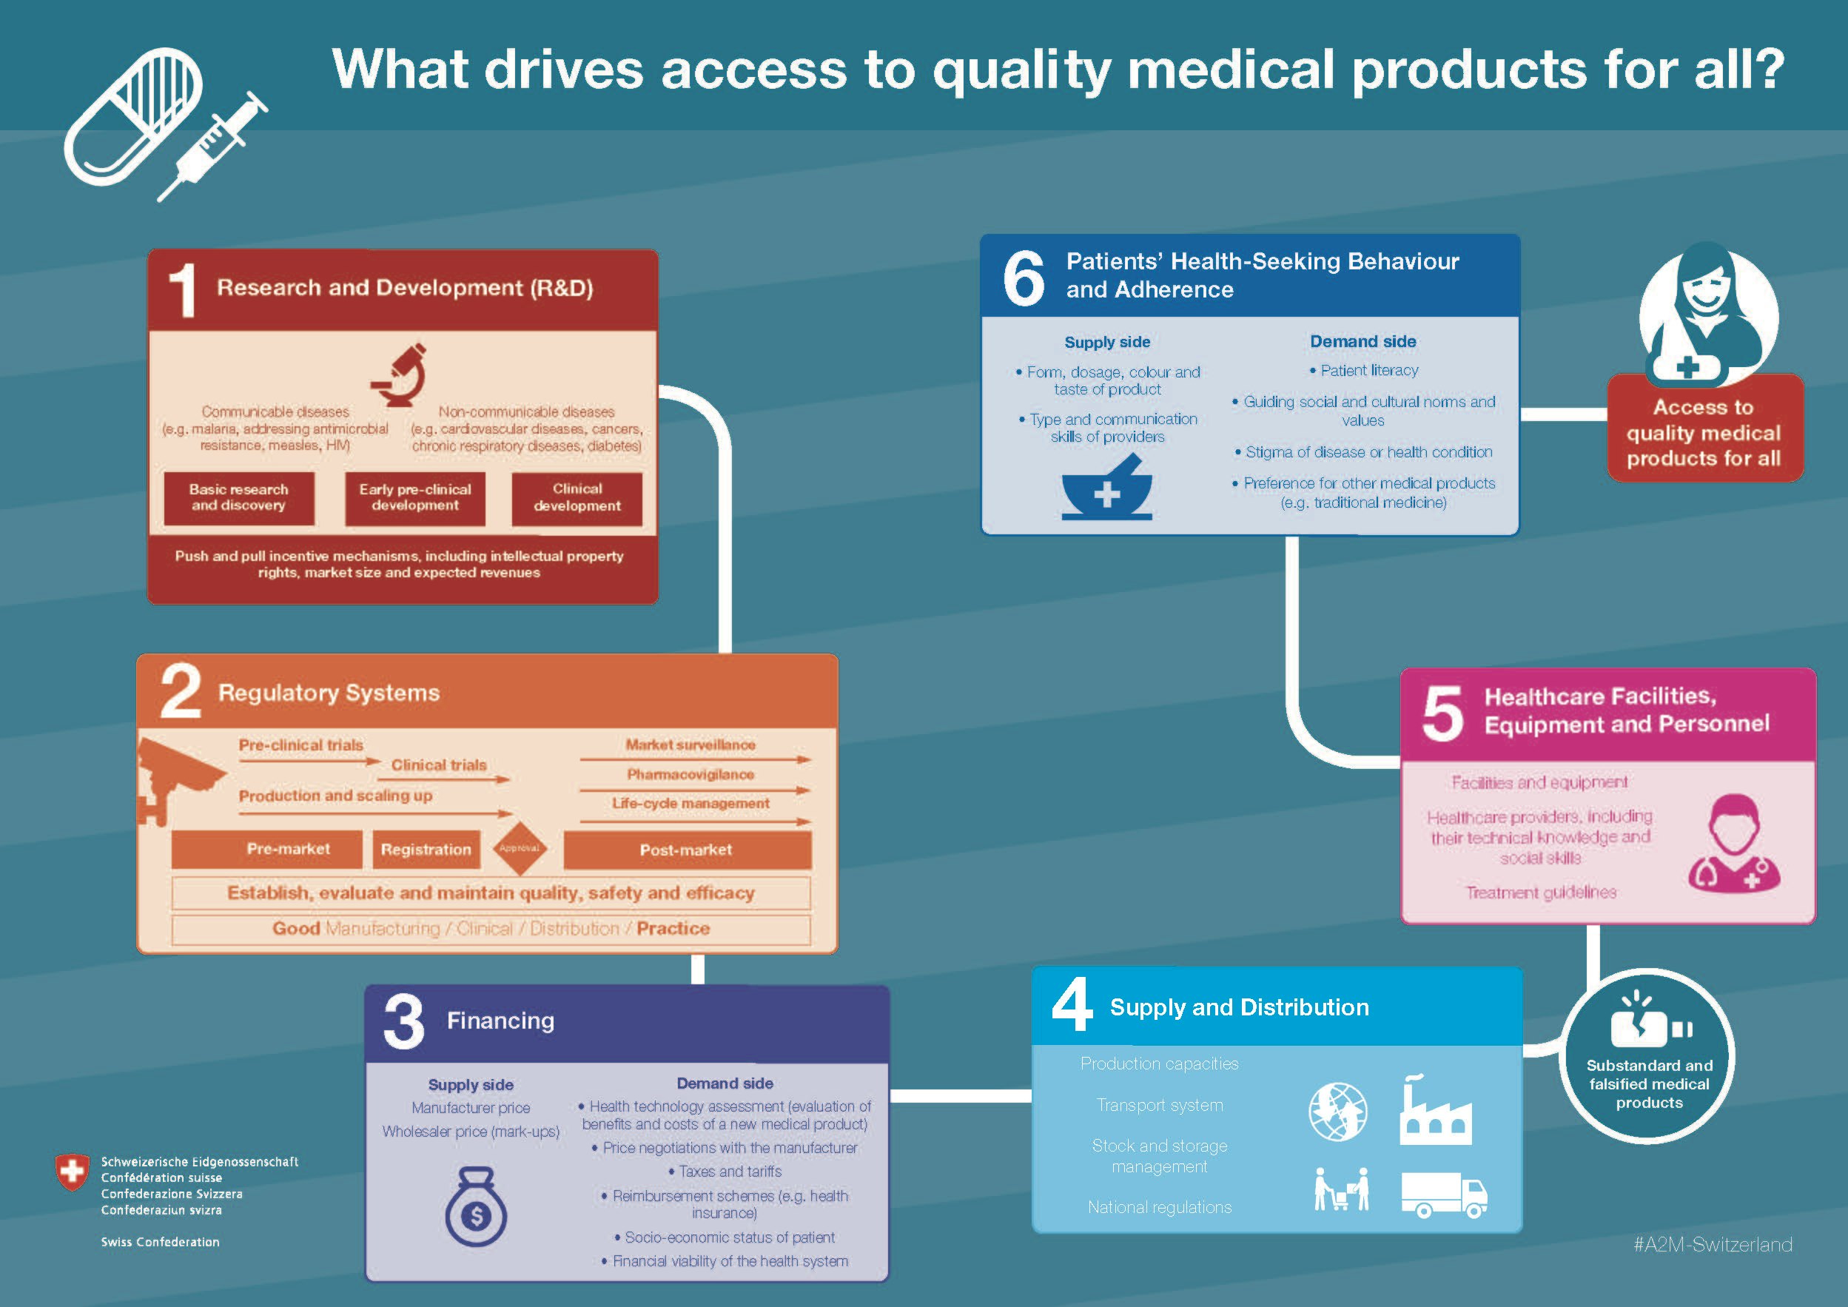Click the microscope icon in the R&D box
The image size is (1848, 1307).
coord(399,375)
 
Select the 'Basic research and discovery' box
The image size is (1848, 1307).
coord(238,498)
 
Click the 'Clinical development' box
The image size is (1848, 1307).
coord(577,498)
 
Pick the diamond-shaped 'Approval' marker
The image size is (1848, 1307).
coord(519,848)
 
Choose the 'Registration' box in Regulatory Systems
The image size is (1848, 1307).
coord(426,850)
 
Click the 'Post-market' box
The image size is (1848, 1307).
coord(687,850)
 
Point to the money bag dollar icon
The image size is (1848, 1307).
coord(476,1206)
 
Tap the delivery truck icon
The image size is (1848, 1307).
coord(1444,1195)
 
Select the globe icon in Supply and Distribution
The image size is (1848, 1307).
coord(1337,1112)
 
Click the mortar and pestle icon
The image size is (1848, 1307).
coord(1107,488)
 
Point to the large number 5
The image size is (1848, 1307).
coord(1442,713)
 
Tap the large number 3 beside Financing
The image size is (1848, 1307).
coord(404,1021)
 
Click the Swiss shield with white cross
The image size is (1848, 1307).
coord(72,1172)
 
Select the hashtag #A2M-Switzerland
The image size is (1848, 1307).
coord(1713,1245)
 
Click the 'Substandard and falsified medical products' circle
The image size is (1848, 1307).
coord(1648,1056)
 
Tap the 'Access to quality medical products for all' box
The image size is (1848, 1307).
coord(1704,429)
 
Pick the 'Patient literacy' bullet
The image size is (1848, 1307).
coord(1364,370)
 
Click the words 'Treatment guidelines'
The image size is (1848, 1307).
coord(1541,893)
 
